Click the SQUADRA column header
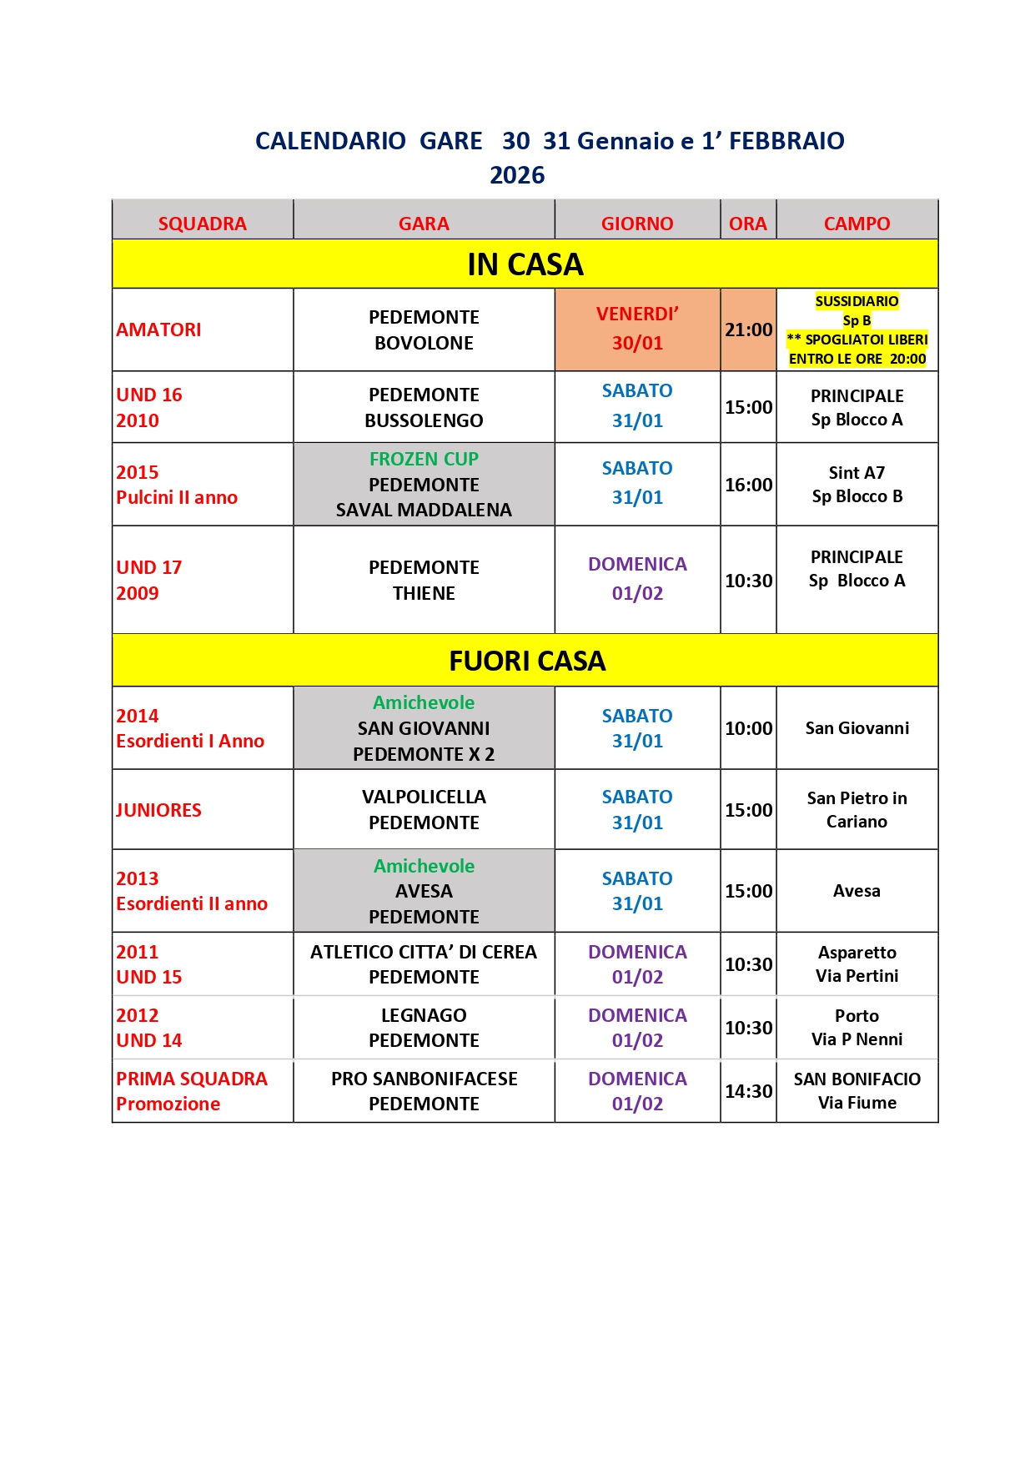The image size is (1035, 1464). tap(202, 224)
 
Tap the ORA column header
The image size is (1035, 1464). tap(747, 224)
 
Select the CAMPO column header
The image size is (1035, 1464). tap(857, 224)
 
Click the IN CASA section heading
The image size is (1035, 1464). tap(525, 264)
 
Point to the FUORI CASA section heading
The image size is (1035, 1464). tap(526, 661)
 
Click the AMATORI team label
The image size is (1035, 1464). tap(158, 330)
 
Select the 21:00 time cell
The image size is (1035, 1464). tap(748, 330)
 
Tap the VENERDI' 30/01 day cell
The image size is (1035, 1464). tap(637, 329)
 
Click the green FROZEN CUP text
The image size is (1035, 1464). tap(424, 459)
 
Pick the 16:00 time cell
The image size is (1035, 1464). tap(748, 485)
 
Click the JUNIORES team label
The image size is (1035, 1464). tap(158, 810)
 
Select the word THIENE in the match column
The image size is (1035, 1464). tap(424, 593)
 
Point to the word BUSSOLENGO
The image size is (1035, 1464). tap(424, 420)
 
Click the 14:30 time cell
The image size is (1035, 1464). tap(748, 1091)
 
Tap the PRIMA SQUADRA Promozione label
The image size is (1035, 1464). tap(191, 1091)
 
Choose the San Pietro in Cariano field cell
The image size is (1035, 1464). tap(857, 809)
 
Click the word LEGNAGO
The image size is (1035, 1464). tap(424, 1015)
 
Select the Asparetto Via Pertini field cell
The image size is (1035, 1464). tap(857, 963)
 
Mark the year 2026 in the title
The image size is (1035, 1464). tap(517, 175)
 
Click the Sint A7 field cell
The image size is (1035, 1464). tap(857, 484)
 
